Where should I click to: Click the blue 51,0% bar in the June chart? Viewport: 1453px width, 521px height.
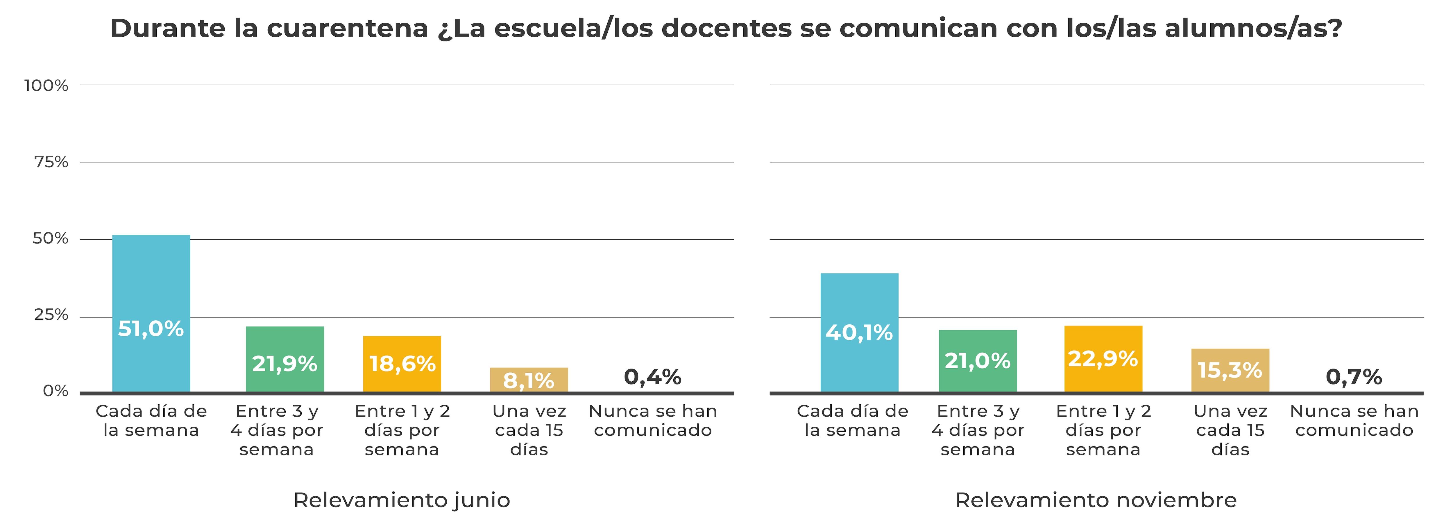click(151, 313)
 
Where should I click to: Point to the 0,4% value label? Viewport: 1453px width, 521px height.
click(653, 377)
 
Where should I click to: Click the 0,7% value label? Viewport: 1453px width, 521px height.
click(1354, 377)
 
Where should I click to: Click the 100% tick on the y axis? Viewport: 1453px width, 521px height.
click(46, 86)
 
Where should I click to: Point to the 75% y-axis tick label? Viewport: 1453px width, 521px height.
click(51, 163)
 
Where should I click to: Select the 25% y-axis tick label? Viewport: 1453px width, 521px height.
click(51, 315)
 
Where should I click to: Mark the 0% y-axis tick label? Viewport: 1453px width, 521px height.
click(55, 391)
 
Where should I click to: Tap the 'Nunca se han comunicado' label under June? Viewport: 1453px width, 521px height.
click(653, 421)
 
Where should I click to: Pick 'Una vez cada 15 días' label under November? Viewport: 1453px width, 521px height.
click(1230, 430)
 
